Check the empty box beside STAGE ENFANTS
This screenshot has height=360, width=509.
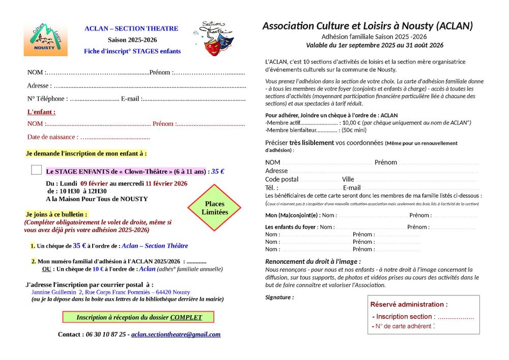click(37, 171)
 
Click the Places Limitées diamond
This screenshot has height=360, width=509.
click(215, 208)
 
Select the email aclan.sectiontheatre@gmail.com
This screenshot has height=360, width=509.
click(176, 335)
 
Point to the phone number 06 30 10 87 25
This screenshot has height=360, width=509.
click(104, 335)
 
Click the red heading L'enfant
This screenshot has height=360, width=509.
click(41, 112)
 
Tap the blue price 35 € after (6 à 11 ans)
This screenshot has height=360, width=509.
click(218, 172)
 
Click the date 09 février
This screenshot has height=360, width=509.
click(94, 183)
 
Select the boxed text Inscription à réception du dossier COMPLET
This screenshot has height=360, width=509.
click(138, 317)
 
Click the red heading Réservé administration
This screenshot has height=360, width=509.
click(409, 304)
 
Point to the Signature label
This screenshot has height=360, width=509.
click(279, 297)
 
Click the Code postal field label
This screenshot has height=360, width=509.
click(281, 179)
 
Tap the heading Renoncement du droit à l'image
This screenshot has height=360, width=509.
click(313, 261)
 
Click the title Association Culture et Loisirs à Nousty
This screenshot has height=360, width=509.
click(367, 26)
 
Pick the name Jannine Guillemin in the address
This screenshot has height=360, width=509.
click(53, 292)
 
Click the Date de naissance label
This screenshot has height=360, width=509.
click(52, 137)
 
